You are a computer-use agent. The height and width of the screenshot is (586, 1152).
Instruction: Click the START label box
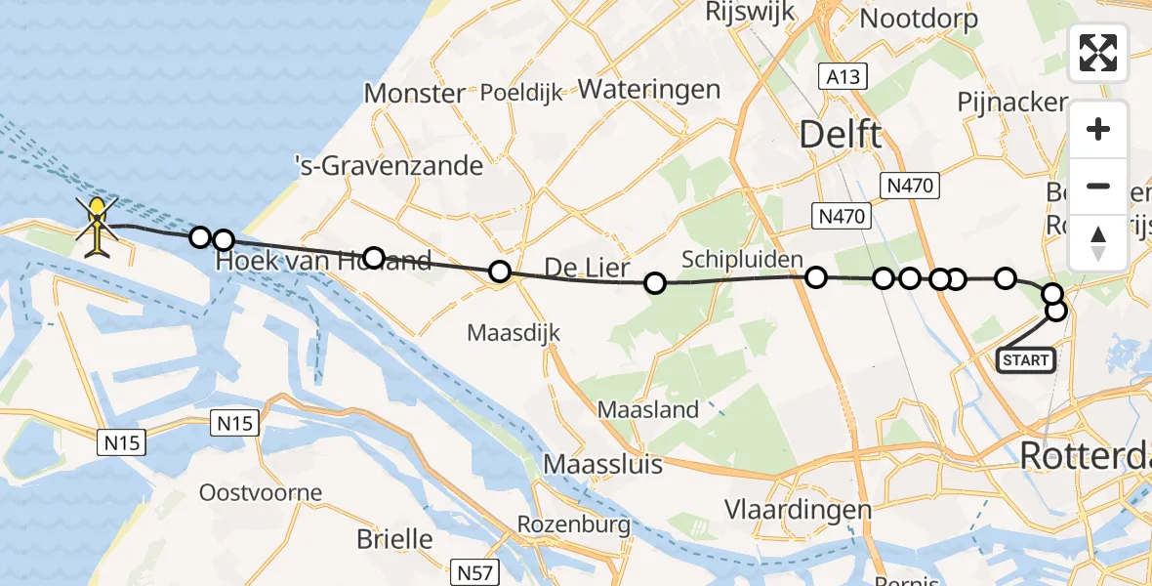(x=1026, y=360)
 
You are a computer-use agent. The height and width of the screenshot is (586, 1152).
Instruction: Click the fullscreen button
(x=1098, y=53)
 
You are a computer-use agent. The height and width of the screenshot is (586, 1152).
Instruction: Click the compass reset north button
(x=1098, y=242)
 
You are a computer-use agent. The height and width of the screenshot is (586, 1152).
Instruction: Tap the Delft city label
(x=841, y=135)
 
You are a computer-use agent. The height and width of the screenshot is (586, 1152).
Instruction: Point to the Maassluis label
(x=603, y=463)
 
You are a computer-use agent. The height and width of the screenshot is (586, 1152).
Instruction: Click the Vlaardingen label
(x=799, y=509)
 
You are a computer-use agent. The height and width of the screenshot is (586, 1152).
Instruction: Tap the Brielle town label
(x=394, y=538)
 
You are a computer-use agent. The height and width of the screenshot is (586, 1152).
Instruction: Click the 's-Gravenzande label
(x=389, y=165)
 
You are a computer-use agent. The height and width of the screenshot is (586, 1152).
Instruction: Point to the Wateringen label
(x=649, y=90)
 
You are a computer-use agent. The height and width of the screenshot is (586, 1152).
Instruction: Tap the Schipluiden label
(x=742, y=259)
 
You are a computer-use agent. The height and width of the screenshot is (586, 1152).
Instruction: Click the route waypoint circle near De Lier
(x=655, y=283)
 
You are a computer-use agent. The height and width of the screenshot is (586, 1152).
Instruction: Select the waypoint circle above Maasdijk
(x=500, y=272)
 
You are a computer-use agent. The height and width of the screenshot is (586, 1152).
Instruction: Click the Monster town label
(x=414, y=94)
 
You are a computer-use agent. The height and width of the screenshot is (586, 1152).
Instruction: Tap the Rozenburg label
(x=573, y=524)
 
